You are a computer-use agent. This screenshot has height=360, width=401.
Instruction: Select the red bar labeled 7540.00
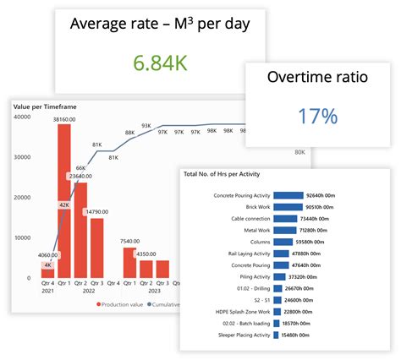(129, 263)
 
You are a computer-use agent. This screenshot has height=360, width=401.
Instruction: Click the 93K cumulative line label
(147, 125)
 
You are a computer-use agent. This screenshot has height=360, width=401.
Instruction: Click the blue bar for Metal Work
(285, 230)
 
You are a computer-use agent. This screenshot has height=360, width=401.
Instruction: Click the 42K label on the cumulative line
(63, 205)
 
